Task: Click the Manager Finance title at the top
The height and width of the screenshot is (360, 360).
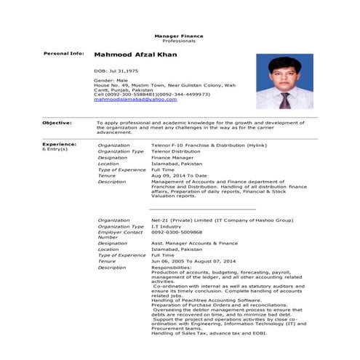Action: (x=179, y=36)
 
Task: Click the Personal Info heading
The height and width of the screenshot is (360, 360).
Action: (x=64, y=55)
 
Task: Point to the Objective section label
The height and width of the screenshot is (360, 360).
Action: (x=57, y=123)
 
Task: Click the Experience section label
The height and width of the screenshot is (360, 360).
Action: (x=57, y=145)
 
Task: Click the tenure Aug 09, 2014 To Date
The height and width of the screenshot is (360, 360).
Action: (x=179, y=175)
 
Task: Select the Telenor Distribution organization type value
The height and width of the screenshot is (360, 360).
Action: (x=176, y=151)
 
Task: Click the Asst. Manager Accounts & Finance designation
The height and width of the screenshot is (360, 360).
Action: (x=194, y=243)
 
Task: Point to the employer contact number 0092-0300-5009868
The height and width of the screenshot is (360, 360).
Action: (x=177, y=231)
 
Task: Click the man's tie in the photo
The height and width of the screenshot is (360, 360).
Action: (x=285, y=100)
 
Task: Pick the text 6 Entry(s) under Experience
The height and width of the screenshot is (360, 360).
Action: (x=55, y=150)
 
